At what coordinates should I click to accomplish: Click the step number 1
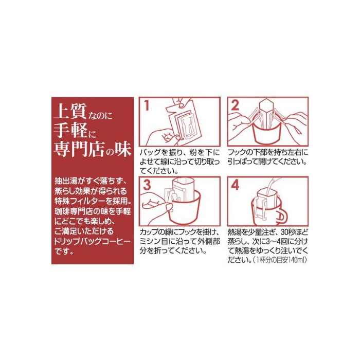click(147, 106)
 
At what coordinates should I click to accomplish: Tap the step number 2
click(235, 106)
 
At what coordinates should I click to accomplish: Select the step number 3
click(147, 185)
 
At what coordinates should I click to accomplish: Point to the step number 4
click(235, 185)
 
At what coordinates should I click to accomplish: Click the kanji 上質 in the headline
click(70, 111)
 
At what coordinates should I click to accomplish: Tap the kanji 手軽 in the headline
click(70, 130)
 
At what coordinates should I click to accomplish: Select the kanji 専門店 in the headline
click(79, 149)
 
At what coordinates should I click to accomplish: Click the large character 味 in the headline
click(123, 150)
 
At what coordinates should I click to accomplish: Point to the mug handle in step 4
click(282, 215)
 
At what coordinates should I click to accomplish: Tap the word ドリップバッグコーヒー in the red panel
click(92, 241)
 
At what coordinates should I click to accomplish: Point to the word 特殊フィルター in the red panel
click(79, 201)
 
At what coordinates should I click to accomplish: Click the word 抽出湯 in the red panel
click(66, 181)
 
